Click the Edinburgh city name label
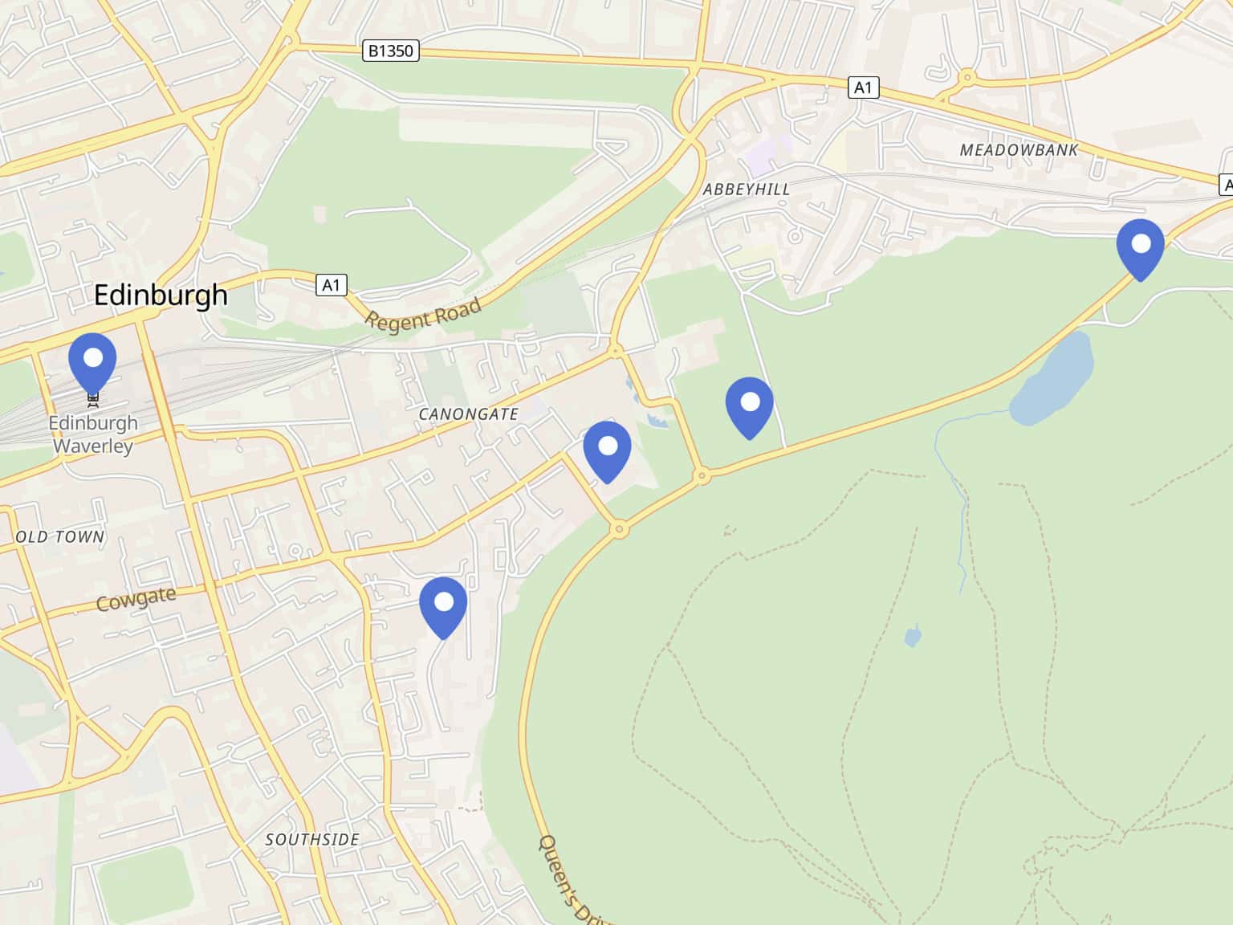point(161,295)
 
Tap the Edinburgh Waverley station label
point(93,434)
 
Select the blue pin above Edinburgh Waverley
point(93,361)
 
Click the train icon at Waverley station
point(93,394)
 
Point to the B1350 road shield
point(390,51)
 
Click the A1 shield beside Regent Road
point(331,284)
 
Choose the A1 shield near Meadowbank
point(863,88)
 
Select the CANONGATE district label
point(469,414)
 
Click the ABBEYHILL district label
point(746,189)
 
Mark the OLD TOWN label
point(60,536)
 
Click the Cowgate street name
point(136,599)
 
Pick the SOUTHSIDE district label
point(312,840)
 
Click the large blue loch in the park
point(1052,377)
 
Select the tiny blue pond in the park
point(912,638)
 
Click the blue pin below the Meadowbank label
point(1140,247)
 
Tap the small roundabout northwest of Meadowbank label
point(966,78)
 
